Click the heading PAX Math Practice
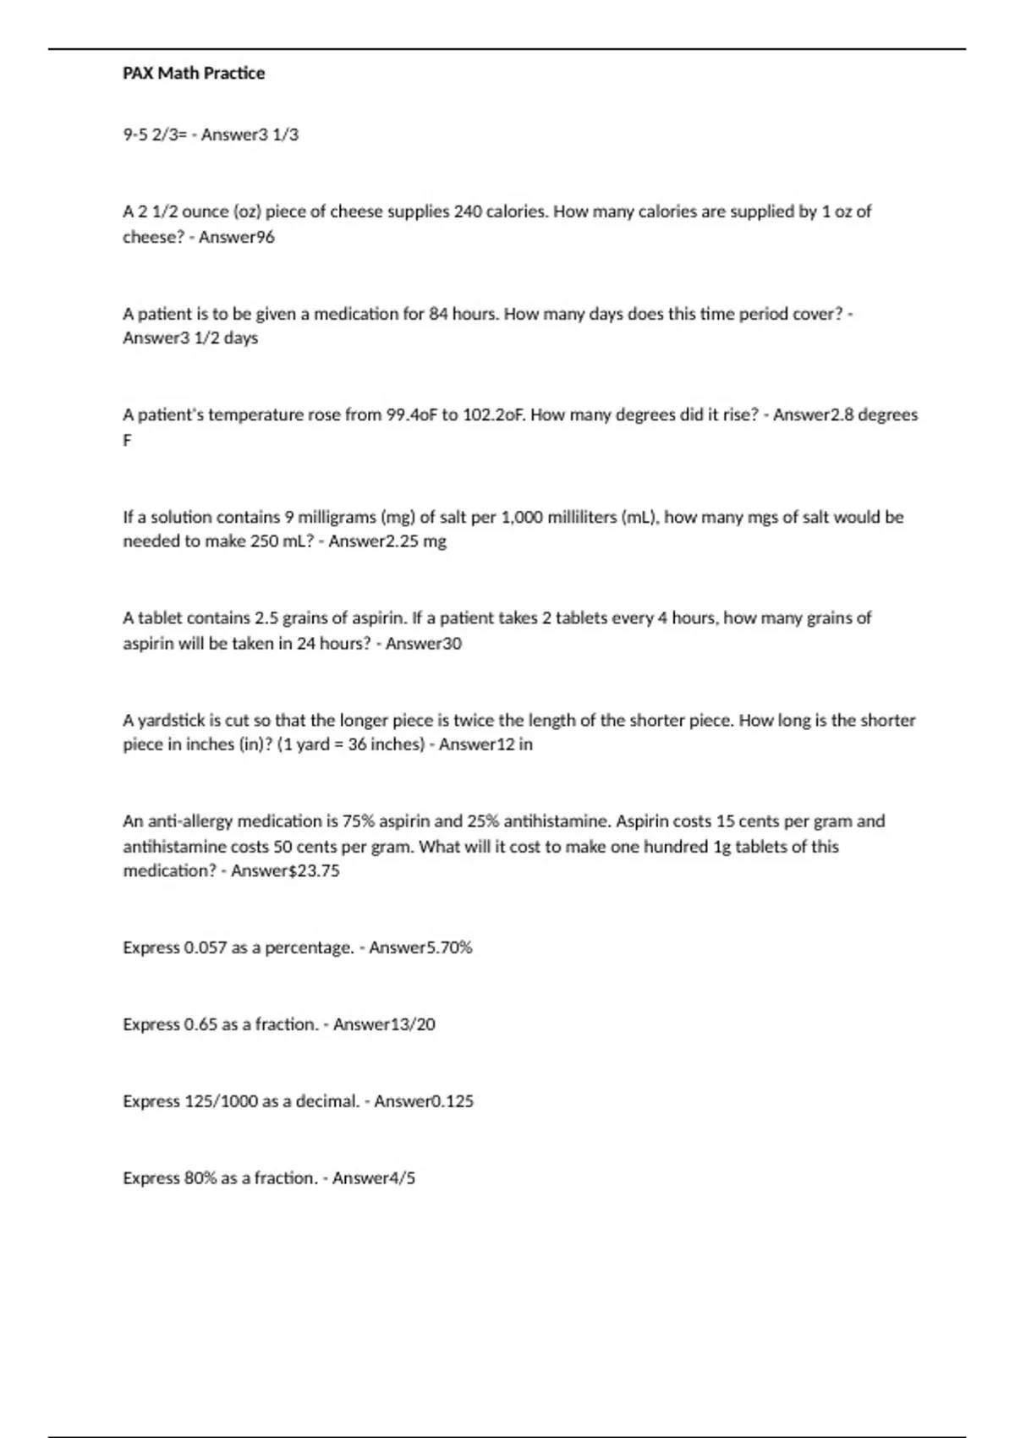[x=194, y=74]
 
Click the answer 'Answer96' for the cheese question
[x=237, y=237]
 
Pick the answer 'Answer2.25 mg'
[x=387, y=541]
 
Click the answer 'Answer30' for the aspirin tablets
[x=423, y=644]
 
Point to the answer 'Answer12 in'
[x=486, y=745]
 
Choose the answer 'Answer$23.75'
[x=285, y=871]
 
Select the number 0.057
[x=205, y=948]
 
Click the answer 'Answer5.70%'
[x=420, y=948]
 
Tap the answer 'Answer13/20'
[x=384, y=1024]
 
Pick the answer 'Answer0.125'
[x=424, y=1101]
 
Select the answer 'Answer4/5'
[x=374, y=1178]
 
